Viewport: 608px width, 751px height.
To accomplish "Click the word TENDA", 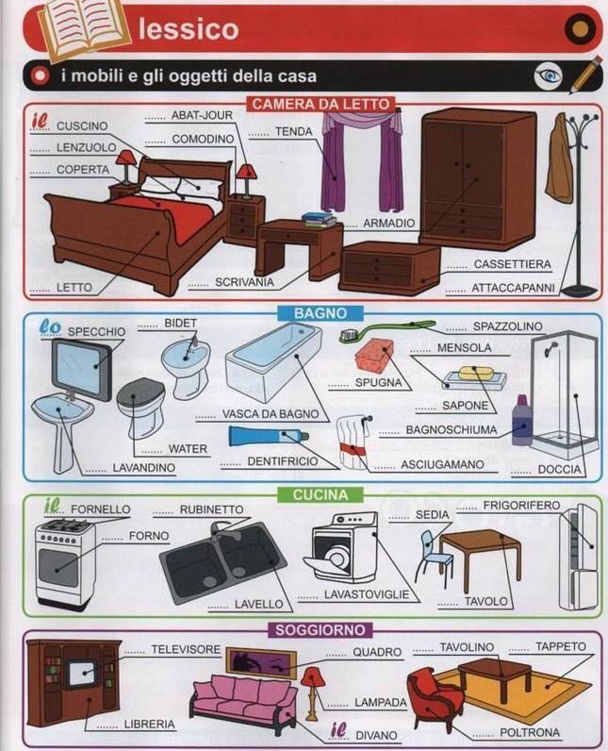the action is pos(293,132).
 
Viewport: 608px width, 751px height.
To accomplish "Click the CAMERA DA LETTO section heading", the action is pos(320,104).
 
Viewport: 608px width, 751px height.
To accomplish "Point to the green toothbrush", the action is pos(386,330).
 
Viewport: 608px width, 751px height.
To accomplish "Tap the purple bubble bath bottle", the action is pos(521,422).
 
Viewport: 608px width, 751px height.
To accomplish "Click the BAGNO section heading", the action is pos(320,312).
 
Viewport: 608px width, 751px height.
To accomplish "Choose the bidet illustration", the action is pos(185,363).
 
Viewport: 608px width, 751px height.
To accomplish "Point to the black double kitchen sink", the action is pos(222,561).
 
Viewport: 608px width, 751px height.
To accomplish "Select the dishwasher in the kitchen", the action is pos(345,547).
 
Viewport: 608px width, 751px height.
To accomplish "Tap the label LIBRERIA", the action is pos(149,724).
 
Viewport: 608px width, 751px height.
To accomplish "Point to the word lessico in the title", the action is pos(189,29).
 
